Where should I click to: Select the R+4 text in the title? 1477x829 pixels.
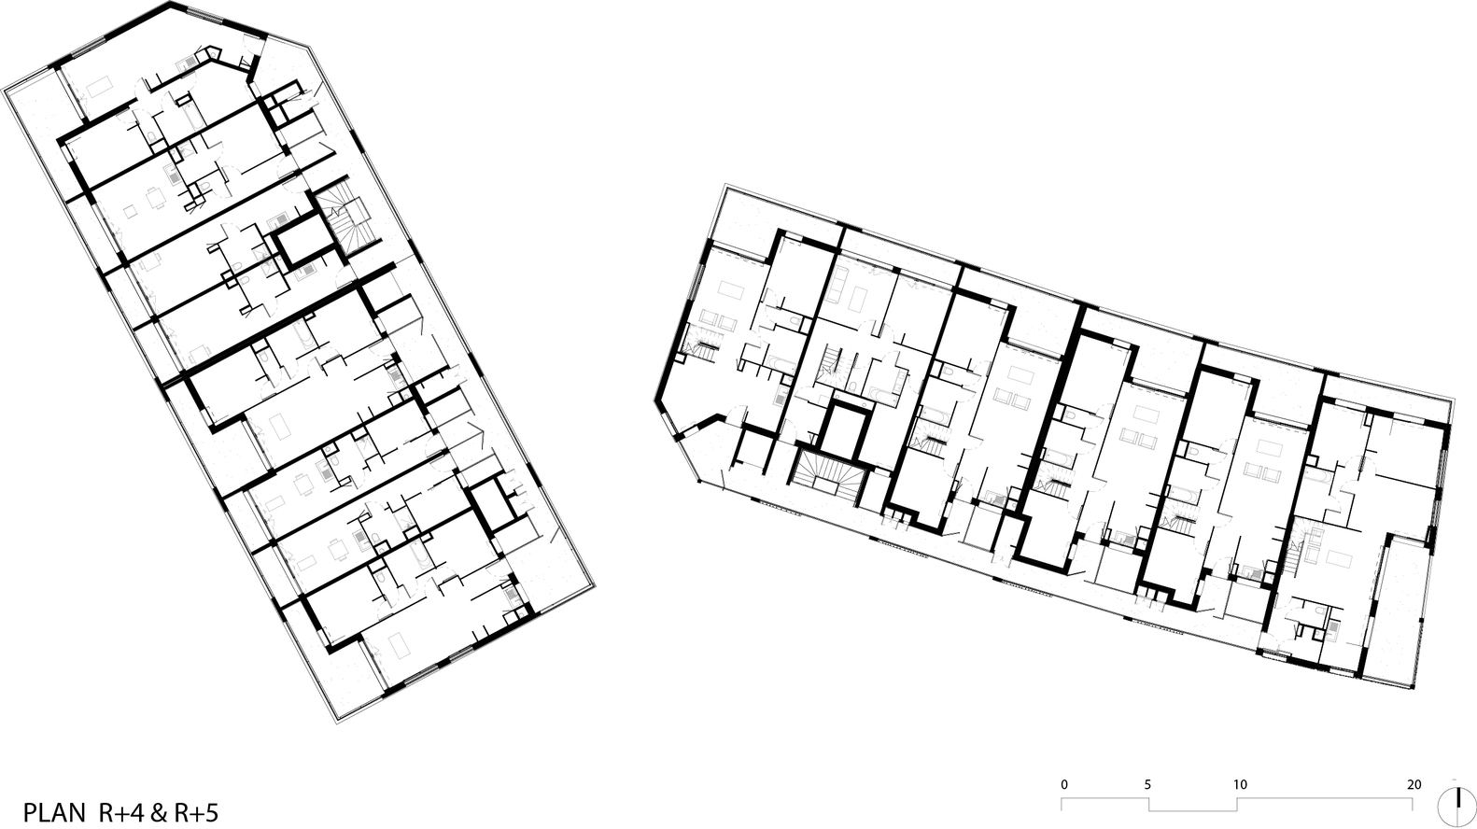(119, 812)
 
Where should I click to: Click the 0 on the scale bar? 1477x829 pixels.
(1064, 784)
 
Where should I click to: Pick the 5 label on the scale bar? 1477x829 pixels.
(1147, 784)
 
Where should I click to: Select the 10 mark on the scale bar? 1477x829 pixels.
(1239, 784)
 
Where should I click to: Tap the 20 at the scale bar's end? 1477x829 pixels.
(1414, 784)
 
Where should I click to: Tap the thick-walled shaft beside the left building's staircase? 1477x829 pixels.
(304, 245)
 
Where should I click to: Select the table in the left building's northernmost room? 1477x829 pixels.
(99, 88)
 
